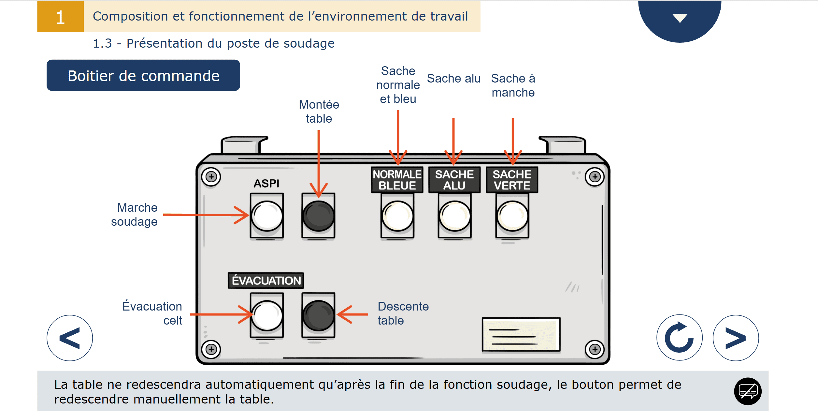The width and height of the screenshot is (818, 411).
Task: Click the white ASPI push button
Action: pos(267,216)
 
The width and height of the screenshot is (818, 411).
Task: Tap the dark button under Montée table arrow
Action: pos(318,216)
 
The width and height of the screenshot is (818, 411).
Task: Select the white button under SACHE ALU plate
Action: pos(454,216)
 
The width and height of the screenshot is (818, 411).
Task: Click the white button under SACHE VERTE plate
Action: pos(512,216)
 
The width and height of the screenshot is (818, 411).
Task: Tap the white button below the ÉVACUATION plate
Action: pos(267,316)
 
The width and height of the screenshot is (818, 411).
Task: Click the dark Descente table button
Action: pos(318,316)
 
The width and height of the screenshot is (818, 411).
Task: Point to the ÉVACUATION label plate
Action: pos(266,281)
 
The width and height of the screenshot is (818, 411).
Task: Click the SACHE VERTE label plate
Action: pos(512,180)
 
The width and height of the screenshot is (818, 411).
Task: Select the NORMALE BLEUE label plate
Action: pos(397,180)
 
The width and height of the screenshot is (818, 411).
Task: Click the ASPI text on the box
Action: pos(266,183)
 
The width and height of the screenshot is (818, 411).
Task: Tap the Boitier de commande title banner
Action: pos(143,75)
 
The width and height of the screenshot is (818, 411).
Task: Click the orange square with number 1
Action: pos(61,16)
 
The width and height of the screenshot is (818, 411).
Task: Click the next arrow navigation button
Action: pos(736,338)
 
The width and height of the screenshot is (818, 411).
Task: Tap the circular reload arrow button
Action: pos(679,338)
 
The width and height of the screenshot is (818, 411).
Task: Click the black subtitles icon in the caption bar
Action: pos(748,391)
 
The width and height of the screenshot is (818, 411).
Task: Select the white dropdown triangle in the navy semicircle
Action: pos(680,18)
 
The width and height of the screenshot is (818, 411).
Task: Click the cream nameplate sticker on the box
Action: pos(521,335)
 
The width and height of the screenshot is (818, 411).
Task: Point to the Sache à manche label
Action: pos(513,85)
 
